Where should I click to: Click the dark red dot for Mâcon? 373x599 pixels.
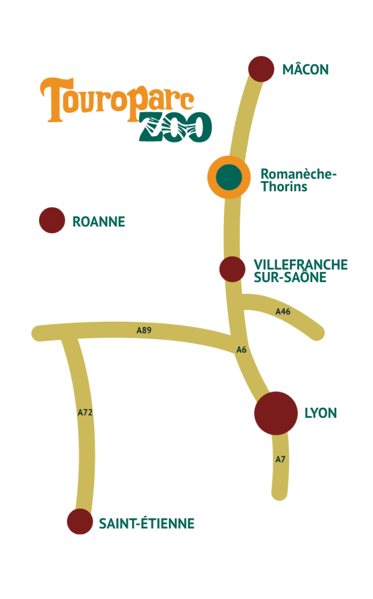tap(261, 69)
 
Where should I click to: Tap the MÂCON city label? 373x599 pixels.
tap(305, 70)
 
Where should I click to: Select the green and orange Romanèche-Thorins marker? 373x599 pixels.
tap(229, 177)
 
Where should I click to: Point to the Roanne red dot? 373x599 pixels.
tap(51, 221)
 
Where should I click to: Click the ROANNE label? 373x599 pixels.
tap(99, 222)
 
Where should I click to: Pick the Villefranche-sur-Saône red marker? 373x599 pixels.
tap(232, 269)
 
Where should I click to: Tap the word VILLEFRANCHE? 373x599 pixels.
tap(301, 265)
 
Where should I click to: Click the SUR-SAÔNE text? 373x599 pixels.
tap(290, 277)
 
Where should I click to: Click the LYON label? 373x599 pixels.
tap(320, 413)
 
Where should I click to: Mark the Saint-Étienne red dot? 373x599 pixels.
tap(80, 522)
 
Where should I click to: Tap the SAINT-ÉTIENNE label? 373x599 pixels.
tap(146, 524)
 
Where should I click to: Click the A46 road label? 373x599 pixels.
tap(283, 312)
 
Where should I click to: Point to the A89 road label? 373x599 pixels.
tap(144, 331)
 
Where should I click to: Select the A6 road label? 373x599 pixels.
tap(241, 350)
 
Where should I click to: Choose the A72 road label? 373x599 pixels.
tap(85, 412)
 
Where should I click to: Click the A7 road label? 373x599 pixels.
tap(281, 460)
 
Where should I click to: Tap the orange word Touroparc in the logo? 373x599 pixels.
tap(116, 99)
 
